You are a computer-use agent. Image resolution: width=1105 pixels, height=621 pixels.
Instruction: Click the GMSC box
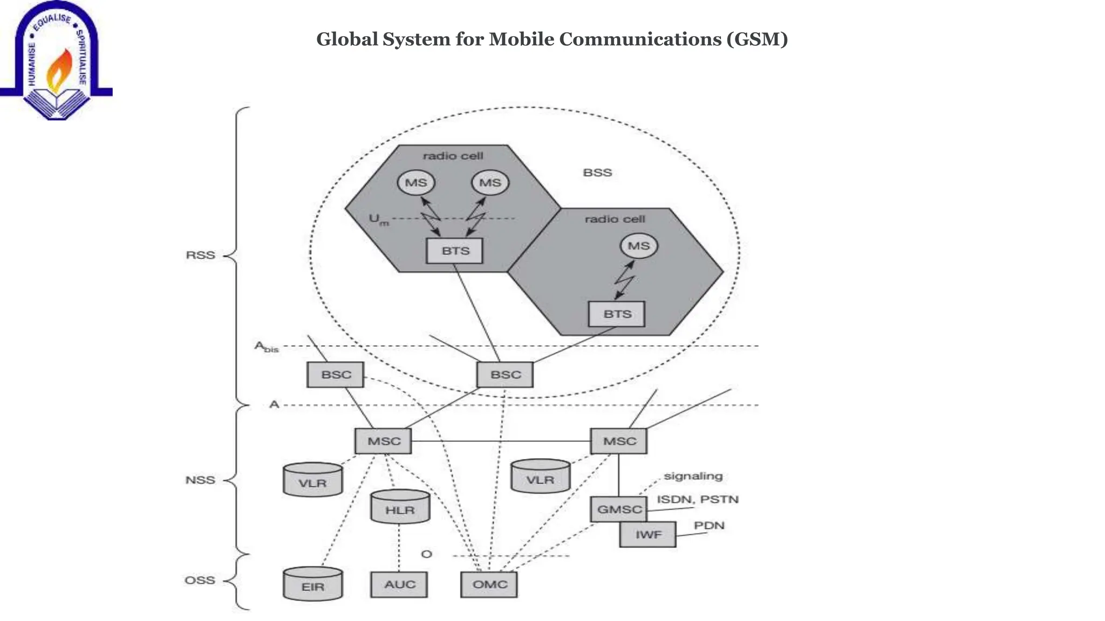pyautogui.click(x=618, y=509)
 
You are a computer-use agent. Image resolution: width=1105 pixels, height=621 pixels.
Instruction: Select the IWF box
pyautogui.click(x=647, y=535)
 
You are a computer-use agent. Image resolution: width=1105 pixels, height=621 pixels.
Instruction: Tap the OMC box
pyautogui.click(x=489, y=585)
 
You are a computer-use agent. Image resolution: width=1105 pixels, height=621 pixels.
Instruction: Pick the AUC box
pyautogui.click(x=399, y=585)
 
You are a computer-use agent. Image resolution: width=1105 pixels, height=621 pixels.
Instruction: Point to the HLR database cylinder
pyautogui.click(x=400, y=507)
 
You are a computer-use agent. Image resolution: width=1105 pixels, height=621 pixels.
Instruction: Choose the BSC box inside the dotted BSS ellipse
pyautogui.click(x=505, y=375)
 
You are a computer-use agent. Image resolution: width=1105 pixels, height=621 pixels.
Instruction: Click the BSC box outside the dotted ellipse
pyautogui.click(x=336, y=375)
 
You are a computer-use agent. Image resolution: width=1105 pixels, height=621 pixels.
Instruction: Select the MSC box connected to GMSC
pyautogui.click(x=619, y=441)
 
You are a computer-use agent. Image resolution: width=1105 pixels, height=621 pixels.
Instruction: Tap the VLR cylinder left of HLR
pyautogui.click(x=313, y=480)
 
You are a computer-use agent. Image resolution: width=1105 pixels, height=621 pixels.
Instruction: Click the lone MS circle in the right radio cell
pyautogui.click(x=639, y=246)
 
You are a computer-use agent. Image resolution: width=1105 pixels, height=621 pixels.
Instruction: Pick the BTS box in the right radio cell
pyautogui.click(x=617, y=314)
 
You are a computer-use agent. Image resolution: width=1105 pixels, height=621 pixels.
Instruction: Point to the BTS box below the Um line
pyautogui.click(x=455, y=251)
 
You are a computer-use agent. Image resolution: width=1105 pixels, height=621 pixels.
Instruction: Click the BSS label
pyautogui.click(x=597, y=173)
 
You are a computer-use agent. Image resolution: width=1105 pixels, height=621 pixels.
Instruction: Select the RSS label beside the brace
pyautogui.click(x=200, y=255)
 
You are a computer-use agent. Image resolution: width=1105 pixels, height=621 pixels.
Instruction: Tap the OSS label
pyautogui.click(x=200, y=581)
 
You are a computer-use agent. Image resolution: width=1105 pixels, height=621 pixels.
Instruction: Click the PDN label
pyautogui.click(x=709, y=526)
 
